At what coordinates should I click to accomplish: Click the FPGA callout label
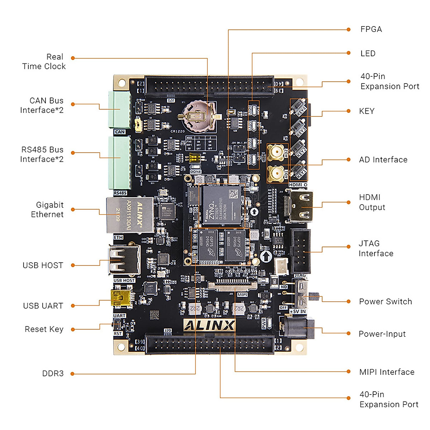371,29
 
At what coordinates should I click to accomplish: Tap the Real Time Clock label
44,62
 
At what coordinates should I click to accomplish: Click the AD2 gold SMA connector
276,153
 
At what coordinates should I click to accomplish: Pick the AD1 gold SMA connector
276,175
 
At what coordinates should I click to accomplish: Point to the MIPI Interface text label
387,372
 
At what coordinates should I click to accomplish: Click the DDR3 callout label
53,373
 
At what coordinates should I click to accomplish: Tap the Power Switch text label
386,301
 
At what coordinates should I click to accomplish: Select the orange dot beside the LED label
349,53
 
